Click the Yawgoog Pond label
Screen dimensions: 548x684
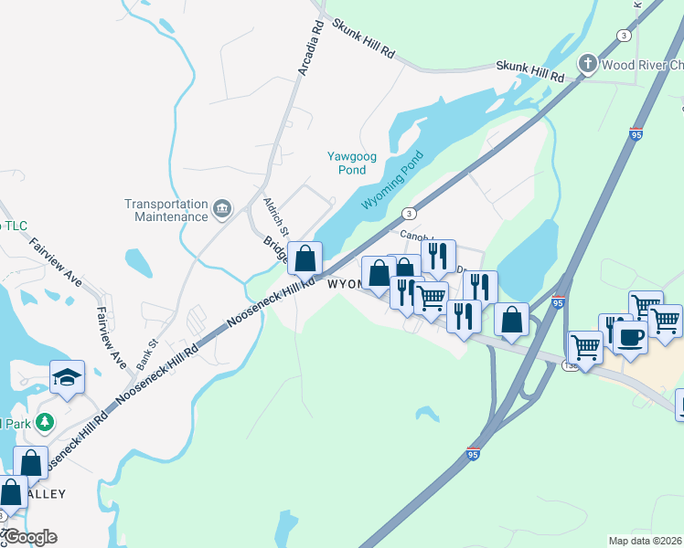(x=352, y=163)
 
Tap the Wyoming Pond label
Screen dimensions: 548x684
(x=395, y=180)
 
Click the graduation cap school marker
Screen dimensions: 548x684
(x=67, y=377)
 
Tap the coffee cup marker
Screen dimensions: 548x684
(x=630, y=336)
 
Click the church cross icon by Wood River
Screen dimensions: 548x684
(x=587, y=64)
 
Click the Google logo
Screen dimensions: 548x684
(x=29, y=537)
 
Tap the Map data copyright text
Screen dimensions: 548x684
(x=646, y=541)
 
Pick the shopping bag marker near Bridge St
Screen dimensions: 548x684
(x=305, y=258)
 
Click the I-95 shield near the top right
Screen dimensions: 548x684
(x=636, y=133)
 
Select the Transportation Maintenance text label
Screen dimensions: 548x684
(x=166, y=210)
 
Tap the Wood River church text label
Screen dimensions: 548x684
(x=642, y=64)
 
